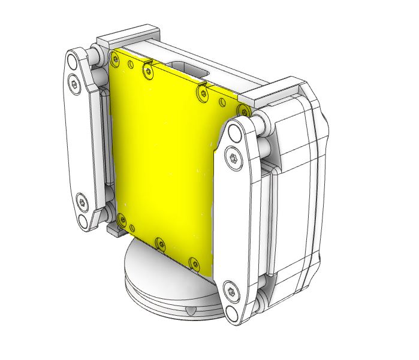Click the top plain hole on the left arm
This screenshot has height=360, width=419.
point(72,61)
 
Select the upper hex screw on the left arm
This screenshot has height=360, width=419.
point(74,84)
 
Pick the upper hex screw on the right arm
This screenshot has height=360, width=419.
point(234,158)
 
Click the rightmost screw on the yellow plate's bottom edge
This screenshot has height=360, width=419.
point(194,263)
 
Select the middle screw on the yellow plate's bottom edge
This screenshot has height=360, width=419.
point(159,243)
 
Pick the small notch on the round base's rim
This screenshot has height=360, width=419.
point(190,311)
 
